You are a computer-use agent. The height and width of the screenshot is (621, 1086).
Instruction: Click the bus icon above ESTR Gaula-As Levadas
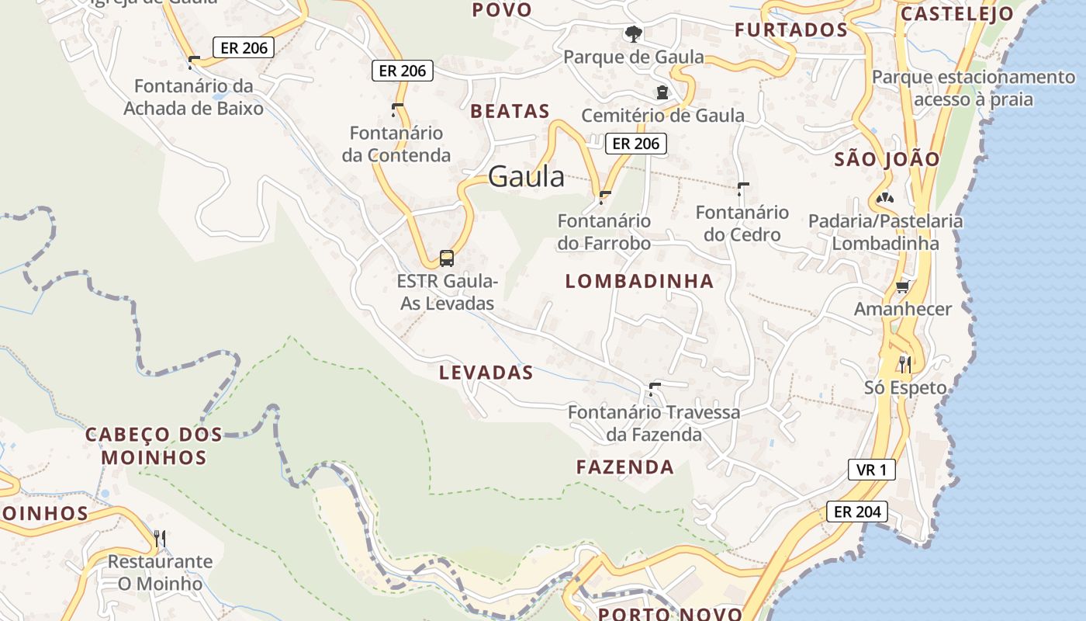click(447, 258)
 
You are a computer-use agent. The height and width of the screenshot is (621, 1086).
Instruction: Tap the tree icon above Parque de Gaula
click(634, 33)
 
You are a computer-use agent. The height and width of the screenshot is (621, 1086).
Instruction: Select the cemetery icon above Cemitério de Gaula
click(662, 92)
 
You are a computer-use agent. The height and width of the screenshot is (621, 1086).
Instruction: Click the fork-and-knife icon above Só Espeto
click(904, 363)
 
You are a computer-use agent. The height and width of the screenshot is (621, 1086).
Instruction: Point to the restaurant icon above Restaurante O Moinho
click(160, 538)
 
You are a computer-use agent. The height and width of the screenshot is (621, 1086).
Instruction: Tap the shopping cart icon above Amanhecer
click(902, 287)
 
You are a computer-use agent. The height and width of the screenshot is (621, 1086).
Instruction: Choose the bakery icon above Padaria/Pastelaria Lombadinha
click(884, 199)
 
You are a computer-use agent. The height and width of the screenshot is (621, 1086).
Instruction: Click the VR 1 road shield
click(871, 470)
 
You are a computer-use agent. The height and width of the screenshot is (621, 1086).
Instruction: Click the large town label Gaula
click(527, 177)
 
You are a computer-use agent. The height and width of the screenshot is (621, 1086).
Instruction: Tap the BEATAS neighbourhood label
click(510, 111)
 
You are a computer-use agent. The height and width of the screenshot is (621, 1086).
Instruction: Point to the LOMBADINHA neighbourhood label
click(639, 281)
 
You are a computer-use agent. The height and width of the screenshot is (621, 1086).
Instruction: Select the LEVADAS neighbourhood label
click(486, 373)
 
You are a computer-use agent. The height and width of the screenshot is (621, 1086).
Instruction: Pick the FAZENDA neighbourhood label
click(625, 467)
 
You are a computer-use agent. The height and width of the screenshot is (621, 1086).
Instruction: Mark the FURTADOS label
click(791, 30)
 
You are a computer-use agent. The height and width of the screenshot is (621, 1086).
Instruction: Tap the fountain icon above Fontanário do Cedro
click(743, 189)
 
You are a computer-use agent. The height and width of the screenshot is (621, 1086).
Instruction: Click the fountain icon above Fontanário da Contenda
click(397, 109)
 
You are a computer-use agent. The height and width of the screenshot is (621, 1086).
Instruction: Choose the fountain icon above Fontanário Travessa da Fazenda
click(654, 388)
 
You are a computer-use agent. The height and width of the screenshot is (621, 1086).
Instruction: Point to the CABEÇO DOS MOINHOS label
click(154, 446)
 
